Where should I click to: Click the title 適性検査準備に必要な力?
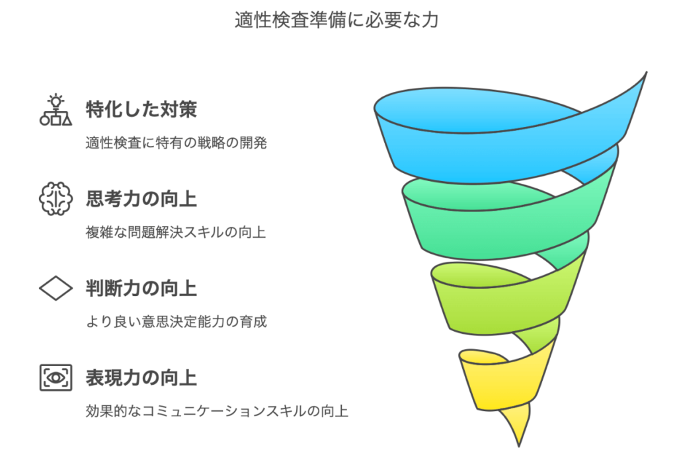pos(337,20)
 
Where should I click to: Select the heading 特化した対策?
pos(141,110)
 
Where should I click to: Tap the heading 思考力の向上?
pos(141,199)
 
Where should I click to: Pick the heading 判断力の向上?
pos(141,288)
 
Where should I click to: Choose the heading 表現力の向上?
pos(141,378)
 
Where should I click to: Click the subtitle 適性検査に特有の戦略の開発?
pos(176,143)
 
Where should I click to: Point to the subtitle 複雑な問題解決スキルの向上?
pos(176,232)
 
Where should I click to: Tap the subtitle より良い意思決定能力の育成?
pos(176,322)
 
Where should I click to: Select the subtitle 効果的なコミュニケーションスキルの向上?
pos(217,411)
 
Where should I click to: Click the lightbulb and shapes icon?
pos(56,110)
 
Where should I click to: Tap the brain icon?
pos(56,198)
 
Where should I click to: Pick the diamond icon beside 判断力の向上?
pos(56,288)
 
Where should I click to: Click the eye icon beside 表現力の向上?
pos(56,378)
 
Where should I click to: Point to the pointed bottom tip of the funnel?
pos(519,446)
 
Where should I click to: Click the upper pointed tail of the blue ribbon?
pos(645,74)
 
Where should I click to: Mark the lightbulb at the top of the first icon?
pos(56,100)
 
